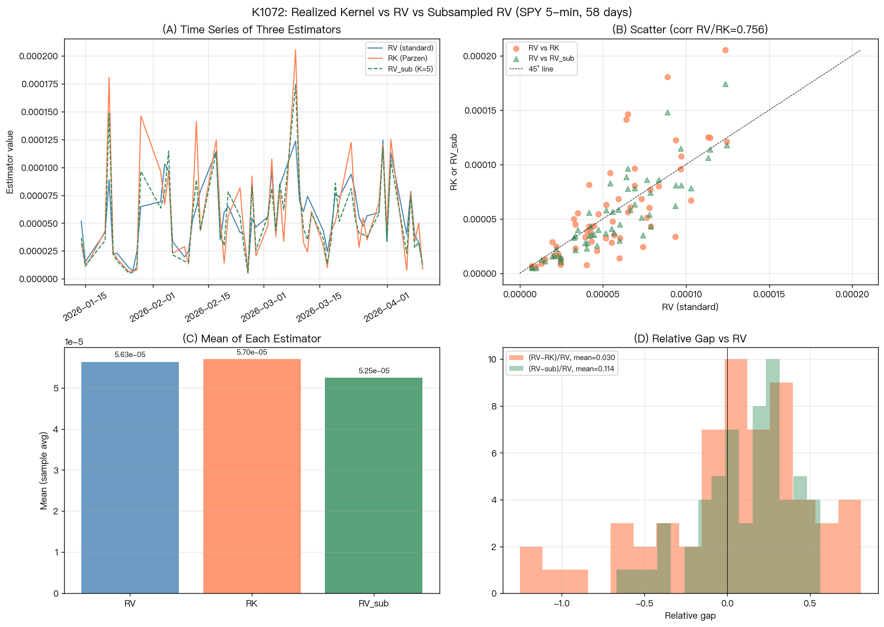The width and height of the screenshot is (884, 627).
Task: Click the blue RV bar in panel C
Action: [x=130, y=478]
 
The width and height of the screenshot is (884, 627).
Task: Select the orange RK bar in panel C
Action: [x=252, y=476]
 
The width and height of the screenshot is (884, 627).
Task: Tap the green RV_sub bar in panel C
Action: [x=373, y=485]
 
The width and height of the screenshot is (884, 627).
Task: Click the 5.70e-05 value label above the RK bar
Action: [x=252, y=352]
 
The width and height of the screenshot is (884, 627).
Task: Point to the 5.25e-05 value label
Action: [x=374, y=371]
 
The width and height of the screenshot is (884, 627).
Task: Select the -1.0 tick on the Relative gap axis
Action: [x=561, y=603]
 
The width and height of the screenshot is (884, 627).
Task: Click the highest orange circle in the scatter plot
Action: [x=725, y=50]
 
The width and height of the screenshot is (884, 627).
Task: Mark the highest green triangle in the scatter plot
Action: [x=725, y=84]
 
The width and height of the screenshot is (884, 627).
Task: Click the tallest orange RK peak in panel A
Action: [x=295, y=49]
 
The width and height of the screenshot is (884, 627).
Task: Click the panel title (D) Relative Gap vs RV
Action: [x=690, y=338]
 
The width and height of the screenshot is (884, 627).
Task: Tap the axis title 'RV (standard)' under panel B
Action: [x=690, y=307]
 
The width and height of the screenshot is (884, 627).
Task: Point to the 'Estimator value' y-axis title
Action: [x=10, y=162]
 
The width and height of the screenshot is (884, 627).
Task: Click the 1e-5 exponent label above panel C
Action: [x=74, y=342]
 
